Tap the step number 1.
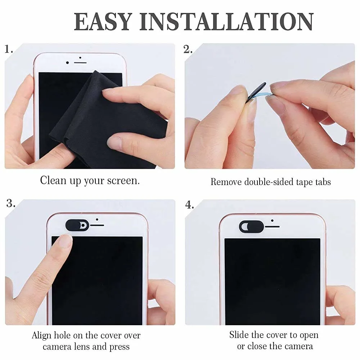pos(9,49)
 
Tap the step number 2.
pos(188,49)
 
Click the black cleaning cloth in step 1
pos(108,122)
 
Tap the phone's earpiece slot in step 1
pos(80,63)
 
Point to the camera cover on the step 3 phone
pos(77,225)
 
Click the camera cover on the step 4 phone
pos(251,226)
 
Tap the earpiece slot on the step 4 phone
pos(273,226)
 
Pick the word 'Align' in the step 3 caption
pos(41,336)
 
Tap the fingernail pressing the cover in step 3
pos(66,240)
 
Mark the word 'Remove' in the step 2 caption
pos(226,182)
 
